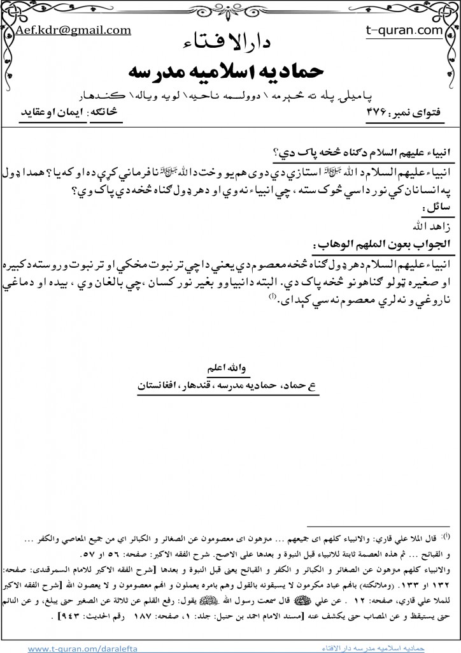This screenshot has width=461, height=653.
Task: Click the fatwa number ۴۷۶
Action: pos(367,111)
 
